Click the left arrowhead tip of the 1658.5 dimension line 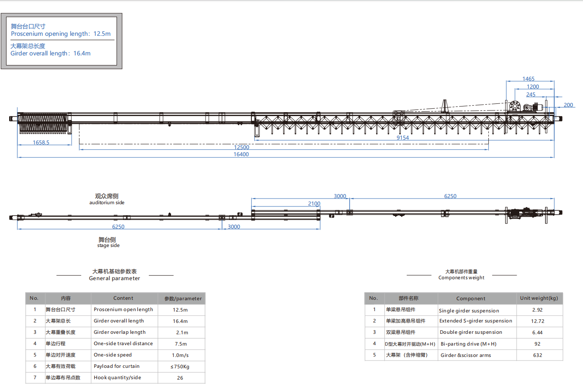(17, 145)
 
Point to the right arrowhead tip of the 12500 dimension (488, 149)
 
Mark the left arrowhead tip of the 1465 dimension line (506, 81)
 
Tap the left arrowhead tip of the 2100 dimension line (252, 206)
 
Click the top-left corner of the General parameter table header (25, 293)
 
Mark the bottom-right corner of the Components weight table (563, 360)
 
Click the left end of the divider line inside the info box (10, 40)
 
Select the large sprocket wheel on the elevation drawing (514, 106)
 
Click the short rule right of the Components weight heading (504, 275)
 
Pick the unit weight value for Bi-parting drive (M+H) (538, 344)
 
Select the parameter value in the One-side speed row (180, 355)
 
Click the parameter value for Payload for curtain (180, 367)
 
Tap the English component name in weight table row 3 (471, 332)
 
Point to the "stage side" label (108, 246)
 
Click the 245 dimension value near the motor (531, 95)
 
